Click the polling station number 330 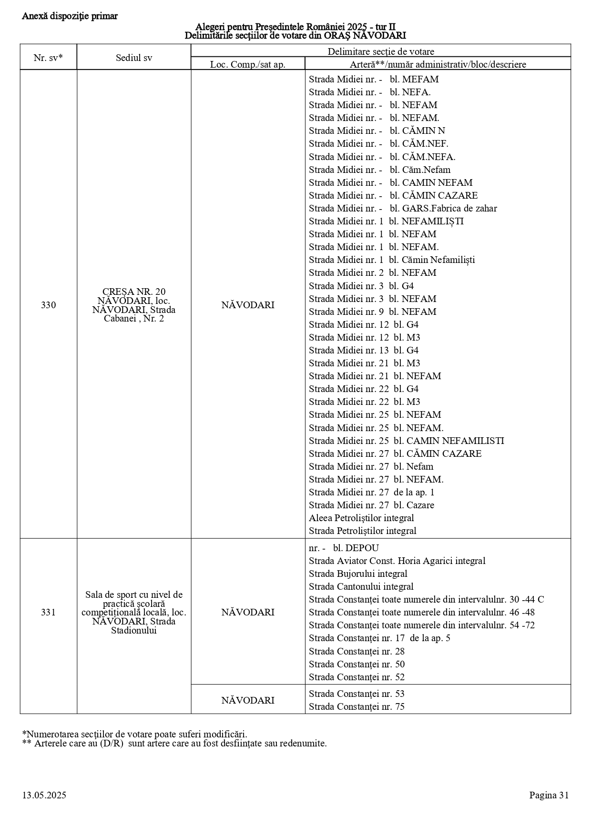[x=48, y=305]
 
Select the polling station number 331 [x=48, y=612]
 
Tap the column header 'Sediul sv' [x=134, y=58]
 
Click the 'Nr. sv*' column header [x=48, y=58]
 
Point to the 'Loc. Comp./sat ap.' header [x=248, y=64]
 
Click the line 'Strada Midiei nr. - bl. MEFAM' [x=374, y=79]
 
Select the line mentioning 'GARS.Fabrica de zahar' [x=403, y=208]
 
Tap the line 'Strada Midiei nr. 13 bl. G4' [x=364, y=350]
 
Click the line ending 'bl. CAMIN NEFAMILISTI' [x=406, y=441]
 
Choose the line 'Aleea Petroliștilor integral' [x=361, y=518]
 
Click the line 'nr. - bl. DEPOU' [x=344, y=548]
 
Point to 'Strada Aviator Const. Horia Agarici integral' [x=397, y=561]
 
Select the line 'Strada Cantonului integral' [x=361, y=586]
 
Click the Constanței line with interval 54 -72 [x=422, y=625]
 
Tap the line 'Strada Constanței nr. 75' [x=357, y=706]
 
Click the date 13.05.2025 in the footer [x=44, y=795]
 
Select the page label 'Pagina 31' [x=549, y=795]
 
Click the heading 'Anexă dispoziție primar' [x=70, y=16]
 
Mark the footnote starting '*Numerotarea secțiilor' [x=134, y=734]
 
